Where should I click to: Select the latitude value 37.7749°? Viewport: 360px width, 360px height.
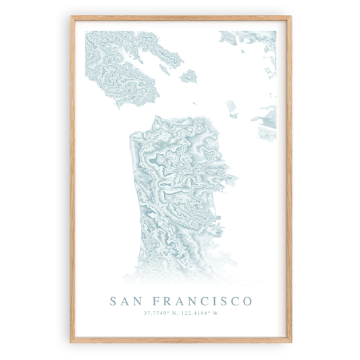(x=157, y=313)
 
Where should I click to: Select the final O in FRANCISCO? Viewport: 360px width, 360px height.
(x=248, y=300)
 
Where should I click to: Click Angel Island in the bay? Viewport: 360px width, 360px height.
(x=188, y=76)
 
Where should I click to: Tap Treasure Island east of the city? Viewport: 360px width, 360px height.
(x=231, y=107)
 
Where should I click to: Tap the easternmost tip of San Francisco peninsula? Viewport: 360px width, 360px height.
(x=236, y=178)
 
